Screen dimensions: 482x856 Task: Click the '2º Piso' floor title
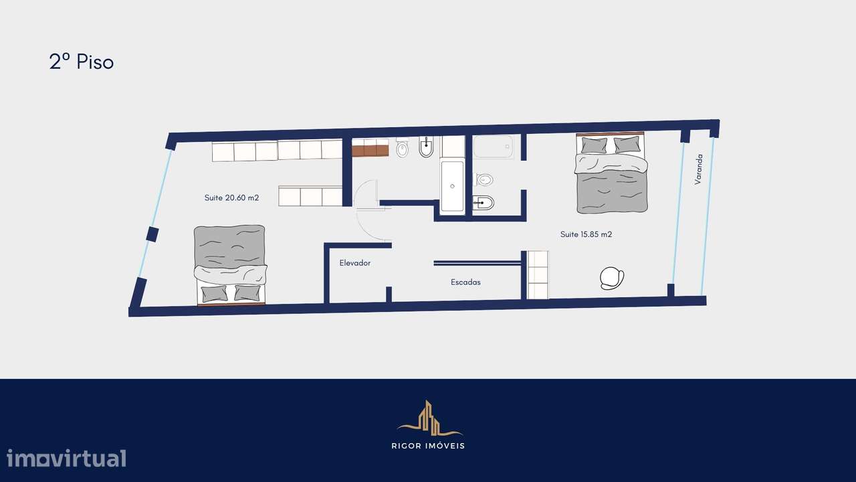pyautogui.click(x=81, y=62)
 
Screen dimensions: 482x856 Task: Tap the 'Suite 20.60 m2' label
pyautogui.click(x=231, y=198)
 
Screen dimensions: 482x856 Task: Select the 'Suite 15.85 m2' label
pyautogui.click(x=586, y=234)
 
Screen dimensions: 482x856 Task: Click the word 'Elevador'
pyautogui.click(x=354, y=263)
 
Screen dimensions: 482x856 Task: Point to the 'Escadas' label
pyautogui.click(x=465, y=282)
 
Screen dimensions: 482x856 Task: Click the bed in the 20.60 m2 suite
pyautogui.click(x=230, y=265)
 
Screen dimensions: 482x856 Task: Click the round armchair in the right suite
pyautogui.click(x=612, y=277)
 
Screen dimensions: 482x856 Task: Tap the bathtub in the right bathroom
pyautogui.click(x=494, y=147)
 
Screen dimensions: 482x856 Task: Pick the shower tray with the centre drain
pyautogui.click(x=452, y=186)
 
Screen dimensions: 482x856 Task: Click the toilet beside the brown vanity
pyautogui.click(x=402, y=148)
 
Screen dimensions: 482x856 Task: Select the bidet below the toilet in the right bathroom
pyautogui.click(x=482, y=203)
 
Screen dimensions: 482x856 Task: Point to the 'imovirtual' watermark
pyautogui.click(x=66, y=459)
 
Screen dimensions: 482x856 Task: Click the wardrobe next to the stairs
pyautogui.click(x=538, y=275)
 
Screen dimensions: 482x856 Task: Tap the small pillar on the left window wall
pyautogui.click(x=152, y=234)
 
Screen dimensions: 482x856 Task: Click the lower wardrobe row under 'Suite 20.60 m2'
pyautogui.click(x=310, y=197)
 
